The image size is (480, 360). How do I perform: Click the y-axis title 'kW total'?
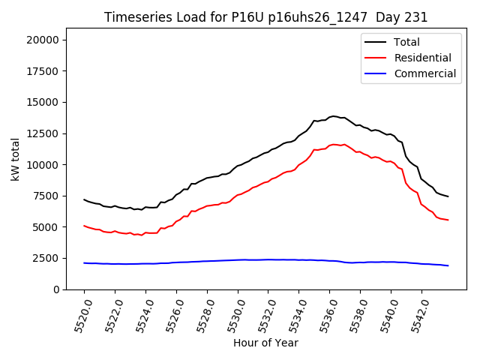click(x=15, y=164)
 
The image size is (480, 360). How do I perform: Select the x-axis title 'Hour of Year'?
click(x=265, y=343)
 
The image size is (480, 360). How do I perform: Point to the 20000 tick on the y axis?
click(x=46, y=40)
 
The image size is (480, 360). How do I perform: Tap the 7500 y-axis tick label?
click(x=49, y=196)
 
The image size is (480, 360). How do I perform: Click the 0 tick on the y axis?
click(x=56, y=289)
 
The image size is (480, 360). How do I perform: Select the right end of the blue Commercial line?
click(x=448, y=265)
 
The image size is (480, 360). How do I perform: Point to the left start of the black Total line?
click(x=84, y=199)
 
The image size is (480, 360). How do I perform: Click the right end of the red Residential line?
click(x=448, y=220)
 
